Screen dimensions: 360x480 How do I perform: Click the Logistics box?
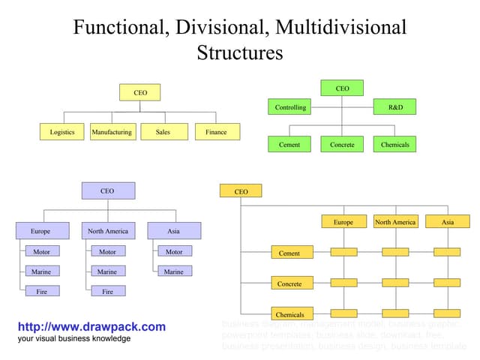pyautogui.click(x=62, y=132)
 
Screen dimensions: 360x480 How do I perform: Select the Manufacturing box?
pyautogui.click(x=112, y=132)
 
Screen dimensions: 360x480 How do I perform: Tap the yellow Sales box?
pyautogui.click(x=163, y=132)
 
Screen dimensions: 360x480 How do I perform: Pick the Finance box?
pyautogui.click(x=216, y=132)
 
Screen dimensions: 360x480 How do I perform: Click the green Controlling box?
pyautogui.click(x=289, y=107)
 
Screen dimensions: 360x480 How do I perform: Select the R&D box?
pyautogui.click(x=394, y=107)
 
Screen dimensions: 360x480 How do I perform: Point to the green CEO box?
pyautogui.click(x=342, y=88)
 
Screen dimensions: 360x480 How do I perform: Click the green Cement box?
pyautogui.click(x=289, y=144)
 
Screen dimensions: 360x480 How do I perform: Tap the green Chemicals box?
pyautogui.click(x=394, y=144)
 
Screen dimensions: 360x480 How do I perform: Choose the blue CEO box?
pyautogui.click(x=108, y=191)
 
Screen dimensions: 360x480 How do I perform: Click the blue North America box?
pyautogui.click(x=108, y=231)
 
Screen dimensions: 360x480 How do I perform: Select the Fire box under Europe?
pyautogui.click(x=42, y=290)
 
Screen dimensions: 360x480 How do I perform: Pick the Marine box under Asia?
pyautogui.click(x=174, y=271)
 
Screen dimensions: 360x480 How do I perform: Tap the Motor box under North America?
pyautogui.click(x=108, y=251)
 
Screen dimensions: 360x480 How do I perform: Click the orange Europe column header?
pyautogui.click(x=343, y=222)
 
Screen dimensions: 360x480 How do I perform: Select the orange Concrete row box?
pyautogui.click(x=289, y=284)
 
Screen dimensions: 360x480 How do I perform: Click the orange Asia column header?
pyautogui.click(x=447, y=222)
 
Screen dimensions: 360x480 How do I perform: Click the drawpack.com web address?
pyautogui.click(x=91, y=327)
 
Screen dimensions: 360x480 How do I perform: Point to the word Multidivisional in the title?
pyautogui.click(x=341, y=28)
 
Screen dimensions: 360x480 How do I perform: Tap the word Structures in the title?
pyautogui.click(x=240, y=52)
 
